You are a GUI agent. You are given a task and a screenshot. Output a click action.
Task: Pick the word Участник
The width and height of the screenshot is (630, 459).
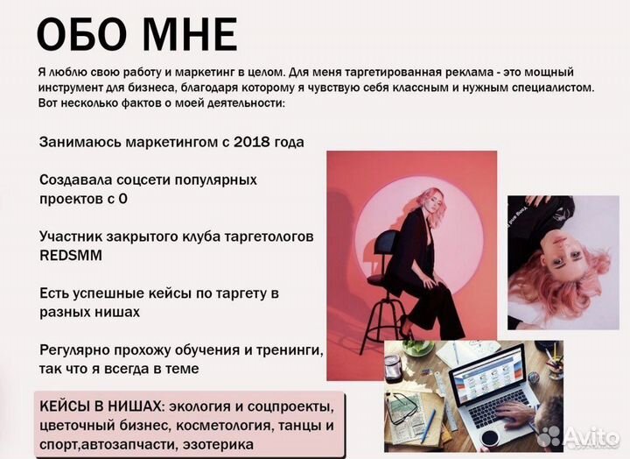point(72,237)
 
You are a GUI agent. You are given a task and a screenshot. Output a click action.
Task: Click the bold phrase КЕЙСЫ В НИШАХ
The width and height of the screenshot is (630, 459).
point(101,407)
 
